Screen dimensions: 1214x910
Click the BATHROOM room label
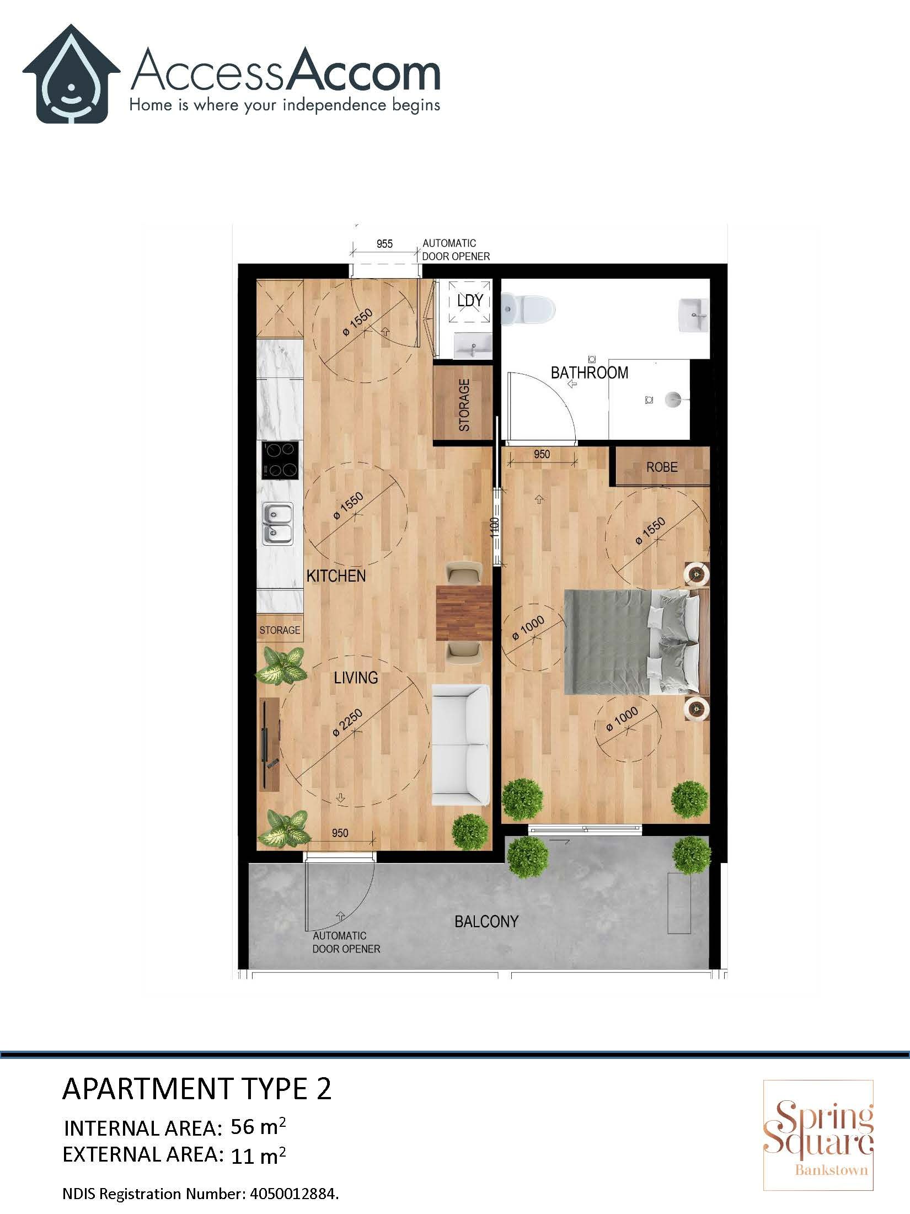[x=590, y=373]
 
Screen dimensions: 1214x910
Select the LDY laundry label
[x=470, y=300]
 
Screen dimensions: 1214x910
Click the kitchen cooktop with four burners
[x=281, y=460]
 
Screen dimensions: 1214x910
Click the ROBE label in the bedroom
[x=662, y=467]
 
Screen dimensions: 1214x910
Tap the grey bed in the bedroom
[x=629, y=642]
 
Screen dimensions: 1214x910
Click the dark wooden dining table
[x=463, y=614]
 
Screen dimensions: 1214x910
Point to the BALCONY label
[x=486, y=922]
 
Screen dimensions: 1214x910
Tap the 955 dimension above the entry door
[x=384, y=244]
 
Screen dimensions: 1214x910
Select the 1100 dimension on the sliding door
[x=495, y=528]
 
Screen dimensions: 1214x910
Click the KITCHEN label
[x=336, y=576]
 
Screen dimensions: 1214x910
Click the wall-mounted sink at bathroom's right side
[x=693, y=316]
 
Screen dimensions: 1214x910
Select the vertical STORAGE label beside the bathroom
[x=464, y=405]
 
